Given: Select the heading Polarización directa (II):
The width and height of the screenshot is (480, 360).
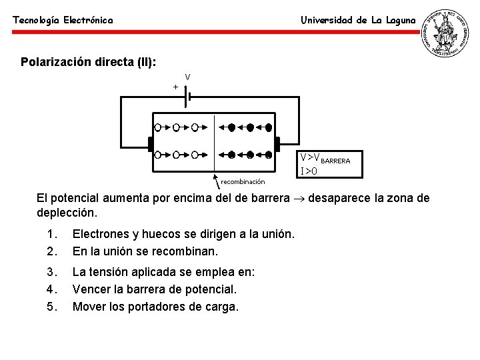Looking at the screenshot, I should tap(89, 62).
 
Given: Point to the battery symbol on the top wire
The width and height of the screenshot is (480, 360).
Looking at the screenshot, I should tap(188, 97).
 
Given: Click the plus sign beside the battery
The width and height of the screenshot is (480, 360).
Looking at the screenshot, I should tap(175, 87).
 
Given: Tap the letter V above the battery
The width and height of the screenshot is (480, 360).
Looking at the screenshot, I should tap(188, 77).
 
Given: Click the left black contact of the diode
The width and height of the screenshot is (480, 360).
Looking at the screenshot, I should tap(151, 144).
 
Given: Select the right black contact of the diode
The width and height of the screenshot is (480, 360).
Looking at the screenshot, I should tap(277, 144).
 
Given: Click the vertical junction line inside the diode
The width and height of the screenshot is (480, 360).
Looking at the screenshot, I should tap(214, 143).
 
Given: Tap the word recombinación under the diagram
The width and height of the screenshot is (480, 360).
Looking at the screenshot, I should tap(243, 181).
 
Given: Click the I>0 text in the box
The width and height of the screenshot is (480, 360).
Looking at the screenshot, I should tap(309, 171).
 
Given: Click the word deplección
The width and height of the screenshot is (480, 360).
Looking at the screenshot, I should tap(67, 214).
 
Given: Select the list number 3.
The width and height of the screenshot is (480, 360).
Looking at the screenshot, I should tap(51, 272).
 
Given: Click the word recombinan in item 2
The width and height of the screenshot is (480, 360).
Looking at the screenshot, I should tap(190, 251).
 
